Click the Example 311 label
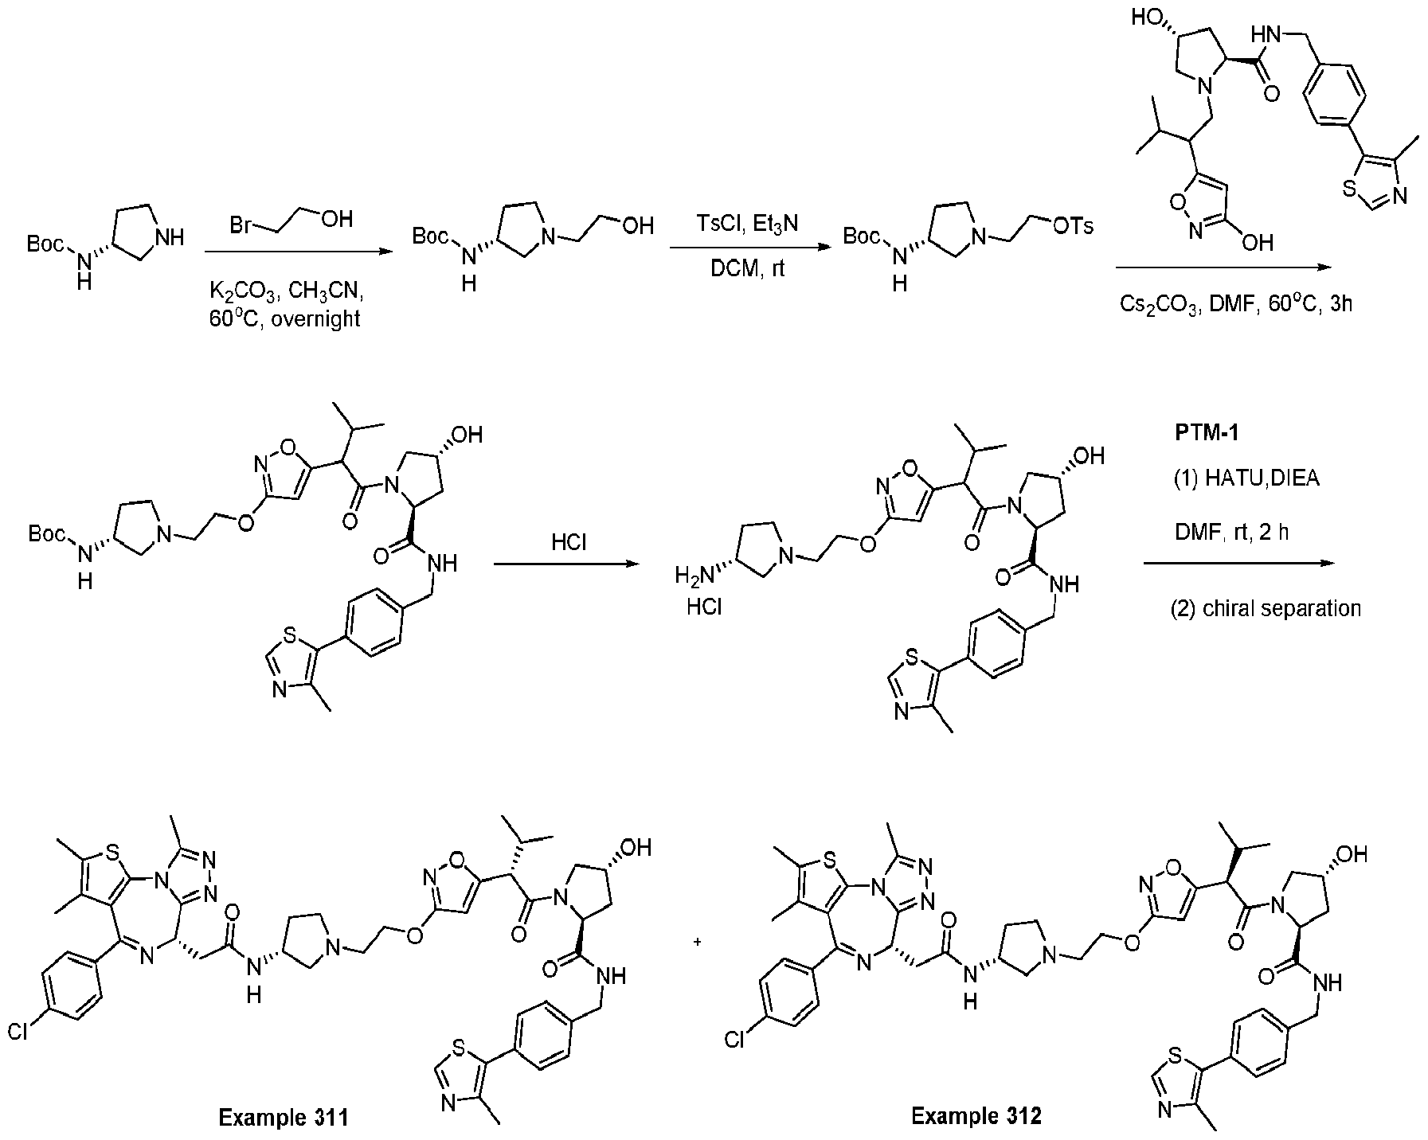(284, 1117)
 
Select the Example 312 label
(976, 1116)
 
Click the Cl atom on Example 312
(736, 1040)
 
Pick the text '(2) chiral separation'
(1266, 609)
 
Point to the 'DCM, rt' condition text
(747, 269)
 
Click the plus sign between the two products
(698, 943)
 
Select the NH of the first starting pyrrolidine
(172, 236)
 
